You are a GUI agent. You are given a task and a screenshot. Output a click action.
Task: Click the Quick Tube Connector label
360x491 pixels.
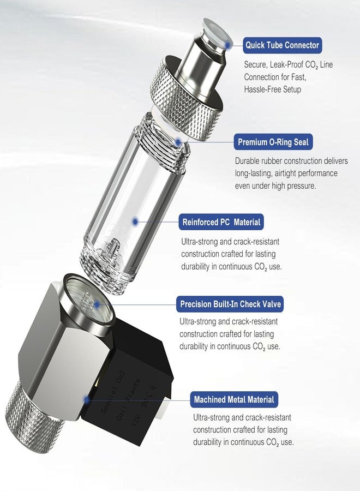[282, 45]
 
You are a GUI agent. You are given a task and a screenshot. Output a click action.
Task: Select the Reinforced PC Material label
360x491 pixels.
[221, 222]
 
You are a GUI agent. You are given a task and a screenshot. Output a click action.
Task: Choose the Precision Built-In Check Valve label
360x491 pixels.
[231, 304]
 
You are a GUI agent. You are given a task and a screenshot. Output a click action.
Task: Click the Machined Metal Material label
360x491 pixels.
[234, 399]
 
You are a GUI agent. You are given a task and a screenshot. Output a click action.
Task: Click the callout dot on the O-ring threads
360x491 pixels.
[179, 142]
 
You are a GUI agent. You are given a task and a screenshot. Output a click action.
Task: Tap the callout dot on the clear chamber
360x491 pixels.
[135, 221]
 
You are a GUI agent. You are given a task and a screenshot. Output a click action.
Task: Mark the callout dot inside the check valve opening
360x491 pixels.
[97, 304]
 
